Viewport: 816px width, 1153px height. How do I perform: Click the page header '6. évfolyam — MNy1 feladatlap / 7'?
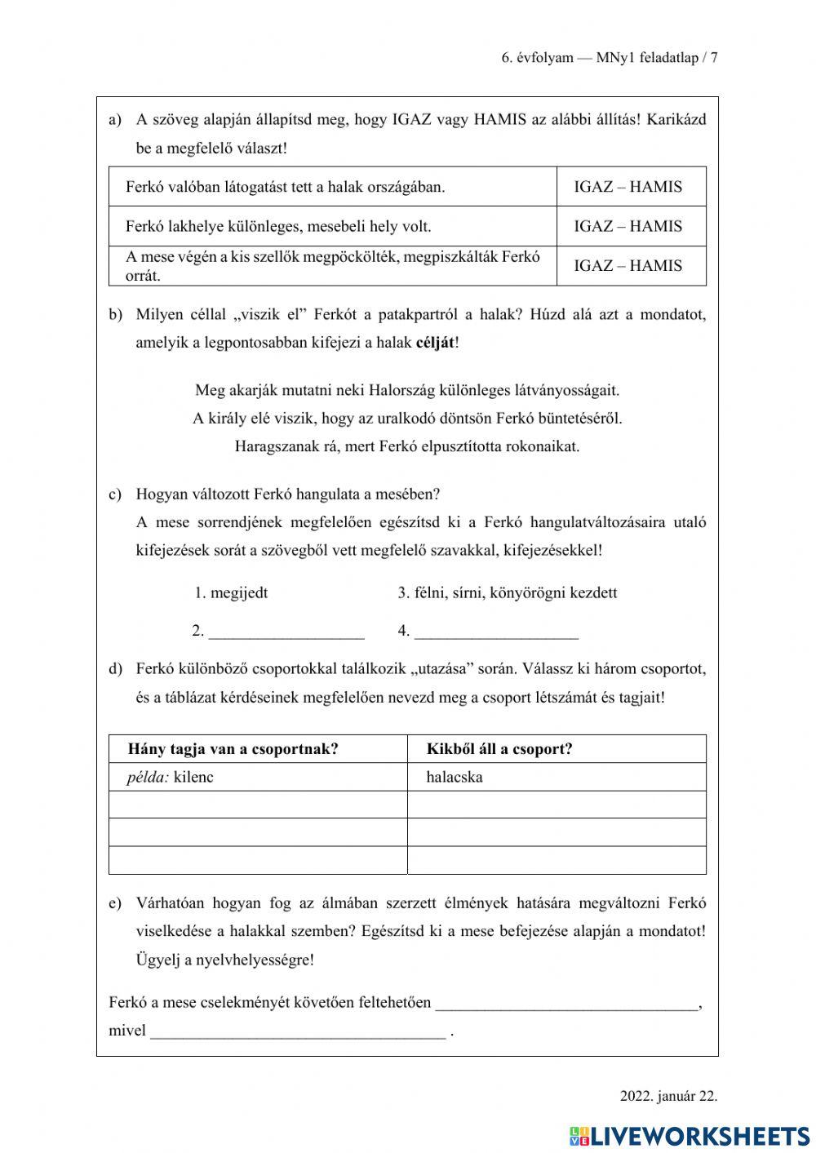coord(609,58)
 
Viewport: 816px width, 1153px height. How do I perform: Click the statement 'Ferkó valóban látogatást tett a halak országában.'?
coord(286,187)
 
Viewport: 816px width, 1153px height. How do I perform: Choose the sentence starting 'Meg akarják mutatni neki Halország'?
coord(407,390)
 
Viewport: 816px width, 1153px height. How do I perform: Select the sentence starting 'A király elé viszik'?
coord(407,419)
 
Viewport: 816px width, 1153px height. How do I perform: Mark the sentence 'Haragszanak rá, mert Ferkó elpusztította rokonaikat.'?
coord(407,446)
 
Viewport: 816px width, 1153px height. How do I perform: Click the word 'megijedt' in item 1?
coord(238,592)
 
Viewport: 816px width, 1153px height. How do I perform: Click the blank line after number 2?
coord(286,632)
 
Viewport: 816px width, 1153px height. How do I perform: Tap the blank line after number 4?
coord(496,632)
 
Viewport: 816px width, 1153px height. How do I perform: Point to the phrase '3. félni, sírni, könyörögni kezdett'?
coord(507,592)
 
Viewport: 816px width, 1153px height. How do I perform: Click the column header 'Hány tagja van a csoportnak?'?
coord(233,749)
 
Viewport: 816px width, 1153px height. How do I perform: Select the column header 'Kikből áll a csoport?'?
coord(499,749)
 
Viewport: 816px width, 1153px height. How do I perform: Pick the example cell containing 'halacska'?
coord(455,777)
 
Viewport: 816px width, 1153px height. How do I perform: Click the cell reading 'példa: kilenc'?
coord(170,777)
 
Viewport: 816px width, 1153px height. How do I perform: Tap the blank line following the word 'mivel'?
coord(299,1032)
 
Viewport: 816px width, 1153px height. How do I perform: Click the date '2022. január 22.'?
coord(668,1096)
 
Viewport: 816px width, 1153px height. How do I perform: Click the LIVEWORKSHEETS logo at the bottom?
coord(690,1135)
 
